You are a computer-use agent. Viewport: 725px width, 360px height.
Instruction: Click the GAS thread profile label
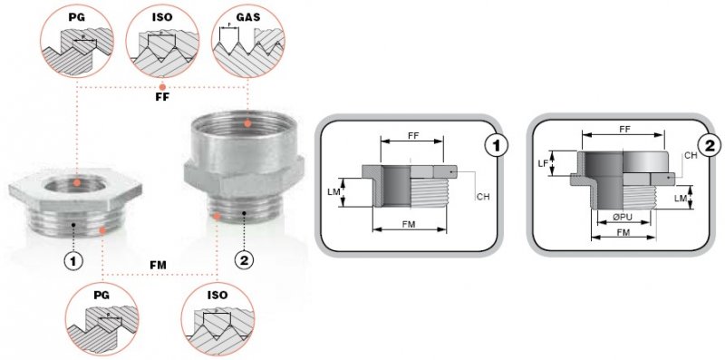[x=248, y=17]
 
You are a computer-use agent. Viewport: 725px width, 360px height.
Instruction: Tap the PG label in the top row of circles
[x=77, y=17]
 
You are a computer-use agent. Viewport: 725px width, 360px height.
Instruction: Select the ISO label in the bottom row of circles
[x=217, y=296]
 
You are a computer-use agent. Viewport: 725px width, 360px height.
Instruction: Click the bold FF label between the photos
[x=162, y=98]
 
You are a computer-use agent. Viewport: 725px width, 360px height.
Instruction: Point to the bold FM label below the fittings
[x=158, y=265]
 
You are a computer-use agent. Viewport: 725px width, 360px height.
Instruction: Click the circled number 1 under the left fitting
[x=73, y=261]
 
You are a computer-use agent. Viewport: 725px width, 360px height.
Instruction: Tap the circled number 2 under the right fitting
[x=244, y=261]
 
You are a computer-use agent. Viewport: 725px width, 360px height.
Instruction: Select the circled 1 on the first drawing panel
[x=497, y=146]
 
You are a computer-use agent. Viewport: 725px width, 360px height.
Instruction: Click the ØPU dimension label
[x=623, y=217]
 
